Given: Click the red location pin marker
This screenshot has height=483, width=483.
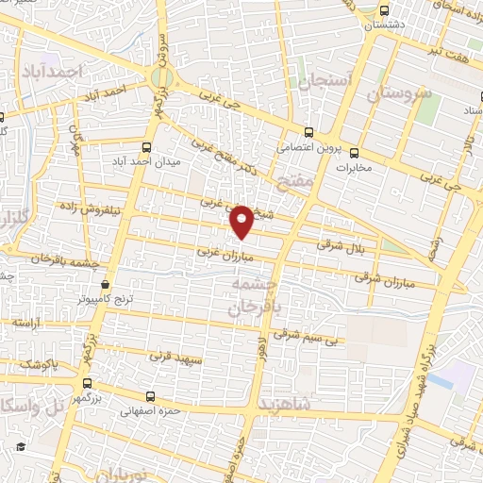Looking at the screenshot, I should (x=242, y=220).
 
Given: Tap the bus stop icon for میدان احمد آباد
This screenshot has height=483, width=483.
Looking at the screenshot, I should (x=146, y=147).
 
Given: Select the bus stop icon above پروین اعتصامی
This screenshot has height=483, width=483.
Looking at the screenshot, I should (x=310, y=133).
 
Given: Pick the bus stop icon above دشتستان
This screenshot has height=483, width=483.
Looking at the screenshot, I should (x=382, y=11).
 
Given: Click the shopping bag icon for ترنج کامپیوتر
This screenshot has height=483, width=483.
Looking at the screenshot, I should (x=104, y=284).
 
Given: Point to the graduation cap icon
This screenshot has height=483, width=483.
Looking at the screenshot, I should (x=20, y=446).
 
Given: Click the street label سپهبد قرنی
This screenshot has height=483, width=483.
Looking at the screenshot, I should (x=175, y=356).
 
